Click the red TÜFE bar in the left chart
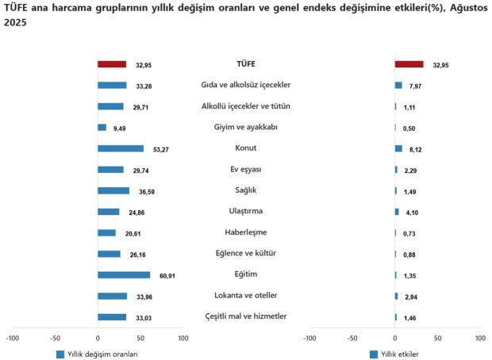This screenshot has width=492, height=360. click(112, 64)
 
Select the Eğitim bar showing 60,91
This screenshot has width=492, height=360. click(124, 275)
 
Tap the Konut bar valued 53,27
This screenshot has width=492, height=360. click(121, 148)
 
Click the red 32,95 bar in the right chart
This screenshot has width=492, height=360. click(409, 64)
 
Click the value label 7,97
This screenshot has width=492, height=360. click(415, 86)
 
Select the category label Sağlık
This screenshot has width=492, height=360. click(246, 190)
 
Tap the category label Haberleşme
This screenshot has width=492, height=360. click(246, 232)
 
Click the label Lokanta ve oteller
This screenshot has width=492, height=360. click(246, 296)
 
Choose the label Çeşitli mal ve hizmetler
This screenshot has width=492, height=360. click(246, 316)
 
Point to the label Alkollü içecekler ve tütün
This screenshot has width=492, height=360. click(246, 106)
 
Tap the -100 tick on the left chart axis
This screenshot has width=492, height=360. click(13, 338)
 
